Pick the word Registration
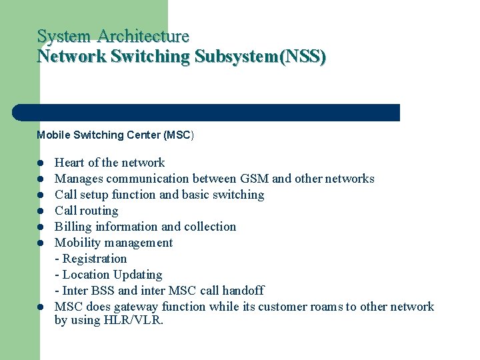tap(95, 259)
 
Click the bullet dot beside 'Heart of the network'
tap(41, 163)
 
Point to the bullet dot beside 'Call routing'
tap(41, 211)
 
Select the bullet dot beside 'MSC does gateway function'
tap(41, 307)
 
